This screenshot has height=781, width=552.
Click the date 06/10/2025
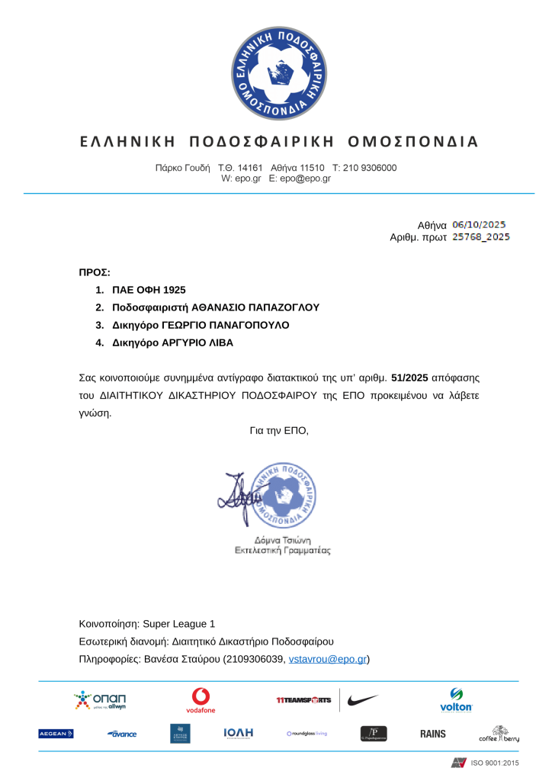pos(479,225)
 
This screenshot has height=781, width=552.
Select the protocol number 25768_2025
pos(481,237)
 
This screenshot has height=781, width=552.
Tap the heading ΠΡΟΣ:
pos(95,272)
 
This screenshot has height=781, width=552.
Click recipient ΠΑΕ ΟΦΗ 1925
pos(149,290)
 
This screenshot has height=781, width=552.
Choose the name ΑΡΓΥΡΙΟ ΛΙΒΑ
pos(197,342)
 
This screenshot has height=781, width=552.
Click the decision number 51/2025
pos(409,378)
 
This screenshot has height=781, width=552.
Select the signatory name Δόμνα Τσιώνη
pos(281,539)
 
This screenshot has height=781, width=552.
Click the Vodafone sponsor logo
pos(201,700)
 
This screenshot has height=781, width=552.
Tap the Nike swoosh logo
pos(363,700)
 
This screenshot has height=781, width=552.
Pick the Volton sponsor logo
pos(456,700)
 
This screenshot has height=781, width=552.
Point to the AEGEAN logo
pos(56,734)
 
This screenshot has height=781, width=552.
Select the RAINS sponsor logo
pos(433,734)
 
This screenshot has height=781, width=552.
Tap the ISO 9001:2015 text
pos(495,763)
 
